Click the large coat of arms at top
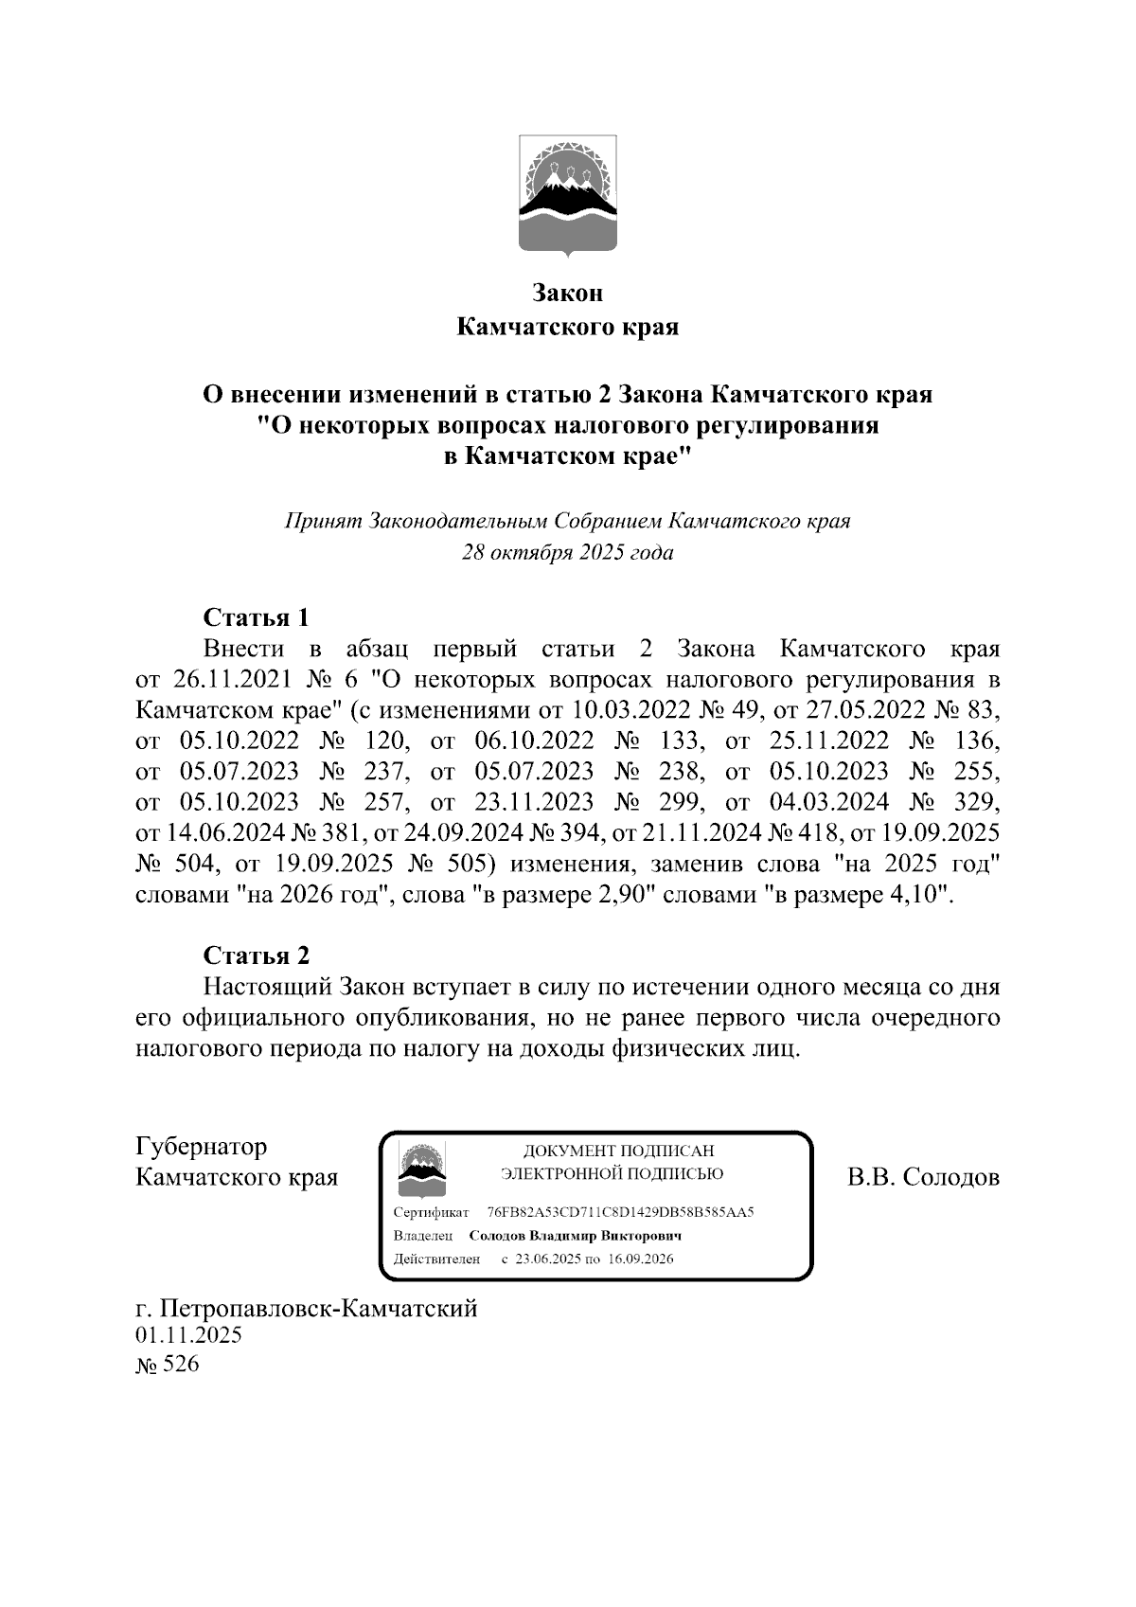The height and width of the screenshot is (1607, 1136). coord(568,196)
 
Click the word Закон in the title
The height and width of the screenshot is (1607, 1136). coord(567,294)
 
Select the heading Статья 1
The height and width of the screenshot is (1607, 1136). coord(257,618)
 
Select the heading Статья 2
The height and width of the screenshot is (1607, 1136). coord(257,955)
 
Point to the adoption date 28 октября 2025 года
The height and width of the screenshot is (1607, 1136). coord(567,553)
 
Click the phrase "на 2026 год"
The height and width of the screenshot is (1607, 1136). coord(314,895)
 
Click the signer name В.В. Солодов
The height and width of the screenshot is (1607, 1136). coord(923,1178)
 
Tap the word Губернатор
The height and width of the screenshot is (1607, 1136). coord(202,1147)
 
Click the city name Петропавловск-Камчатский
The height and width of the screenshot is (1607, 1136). coord(319,1309)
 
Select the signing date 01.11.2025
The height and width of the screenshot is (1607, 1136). coord(189,1336)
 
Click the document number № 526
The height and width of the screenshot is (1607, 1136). coord(169,1366)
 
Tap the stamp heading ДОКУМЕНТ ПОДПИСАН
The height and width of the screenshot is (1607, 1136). coord(618,1152)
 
